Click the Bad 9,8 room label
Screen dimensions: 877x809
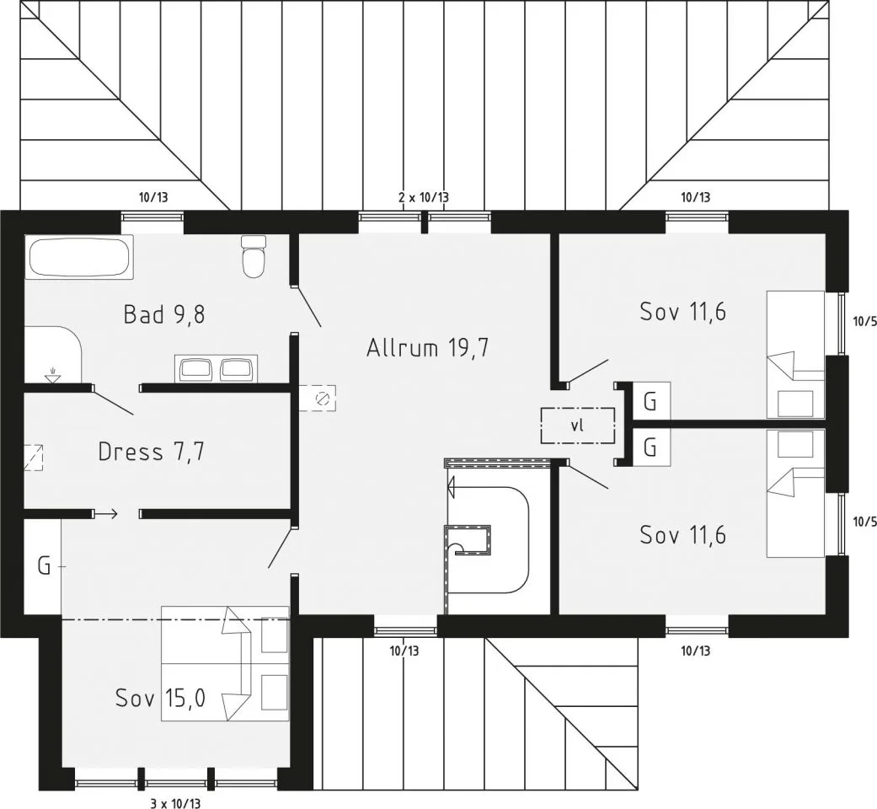coord(164,314)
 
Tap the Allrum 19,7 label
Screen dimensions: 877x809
coord(428,347)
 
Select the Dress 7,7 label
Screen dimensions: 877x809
coord(151,452)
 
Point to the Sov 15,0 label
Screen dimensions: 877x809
coord(161,698)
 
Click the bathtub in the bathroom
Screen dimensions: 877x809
coord(79,257)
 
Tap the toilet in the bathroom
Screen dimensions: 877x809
coord(254,256)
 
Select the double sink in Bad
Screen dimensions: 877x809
coord(216,369)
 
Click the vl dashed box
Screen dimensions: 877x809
coord(577,426)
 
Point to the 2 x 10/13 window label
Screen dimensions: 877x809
coord(424,197)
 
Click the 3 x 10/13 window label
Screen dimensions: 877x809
coord(175,804)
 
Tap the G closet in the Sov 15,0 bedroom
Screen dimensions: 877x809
coord(42,567)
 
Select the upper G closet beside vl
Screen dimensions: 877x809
coord(650,401)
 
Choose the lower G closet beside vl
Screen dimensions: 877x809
coord(650,447)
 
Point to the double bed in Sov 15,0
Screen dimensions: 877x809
coord(225,663)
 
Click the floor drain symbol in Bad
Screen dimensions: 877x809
coord(53,375)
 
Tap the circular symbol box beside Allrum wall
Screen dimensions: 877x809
coord(318,399)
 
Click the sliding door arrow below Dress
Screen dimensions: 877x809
coord(106,513)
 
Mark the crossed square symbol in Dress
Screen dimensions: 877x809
coord(34,457)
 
